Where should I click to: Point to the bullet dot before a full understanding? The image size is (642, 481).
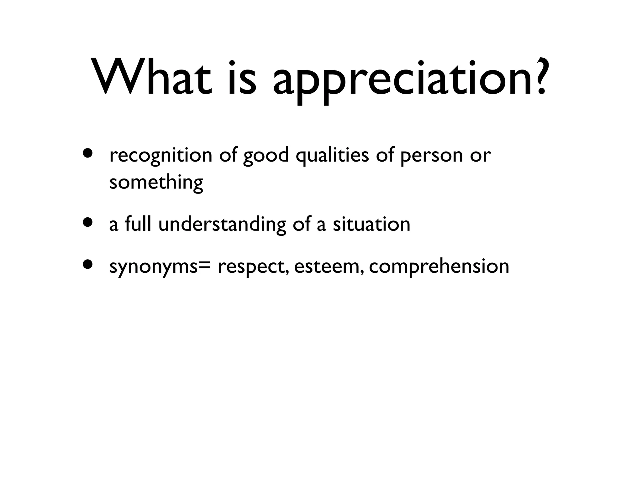coord(88,222)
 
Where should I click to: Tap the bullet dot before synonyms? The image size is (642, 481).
coord(88,264)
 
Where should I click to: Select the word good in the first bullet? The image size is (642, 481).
coord(266,156)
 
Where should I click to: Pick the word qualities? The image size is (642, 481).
coord(332,156)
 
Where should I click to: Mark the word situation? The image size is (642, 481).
coord(371,225)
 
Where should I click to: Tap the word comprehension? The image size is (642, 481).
coord(439,267)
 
